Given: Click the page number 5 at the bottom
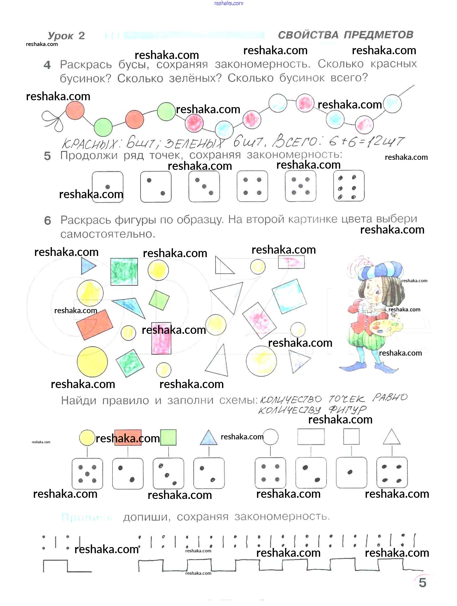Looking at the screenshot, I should [x=422, y=583].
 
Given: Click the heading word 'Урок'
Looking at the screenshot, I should [x=61, y=36].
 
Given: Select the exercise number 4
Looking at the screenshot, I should [x=47, y=65].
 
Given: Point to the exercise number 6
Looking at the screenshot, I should [x=48, y=221].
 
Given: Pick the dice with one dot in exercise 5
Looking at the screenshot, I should [x=107, y=187].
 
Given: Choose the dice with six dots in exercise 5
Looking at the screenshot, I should [x=349, y=186].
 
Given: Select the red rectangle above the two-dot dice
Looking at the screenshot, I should [x=128, y=437].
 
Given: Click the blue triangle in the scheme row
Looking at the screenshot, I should [x=209, y=437].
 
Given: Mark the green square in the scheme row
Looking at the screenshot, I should [x=168, y=437].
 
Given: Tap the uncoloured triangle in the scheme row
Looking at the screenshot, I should [x=391, y=437].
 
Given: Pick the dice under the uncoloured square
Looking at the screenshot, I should [x=351, y=472].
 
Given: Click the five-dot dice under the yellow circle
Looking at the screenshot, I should [x=87, y=473].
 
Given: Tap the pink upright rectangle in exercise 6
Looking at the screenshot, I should [x=161, y=338].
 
